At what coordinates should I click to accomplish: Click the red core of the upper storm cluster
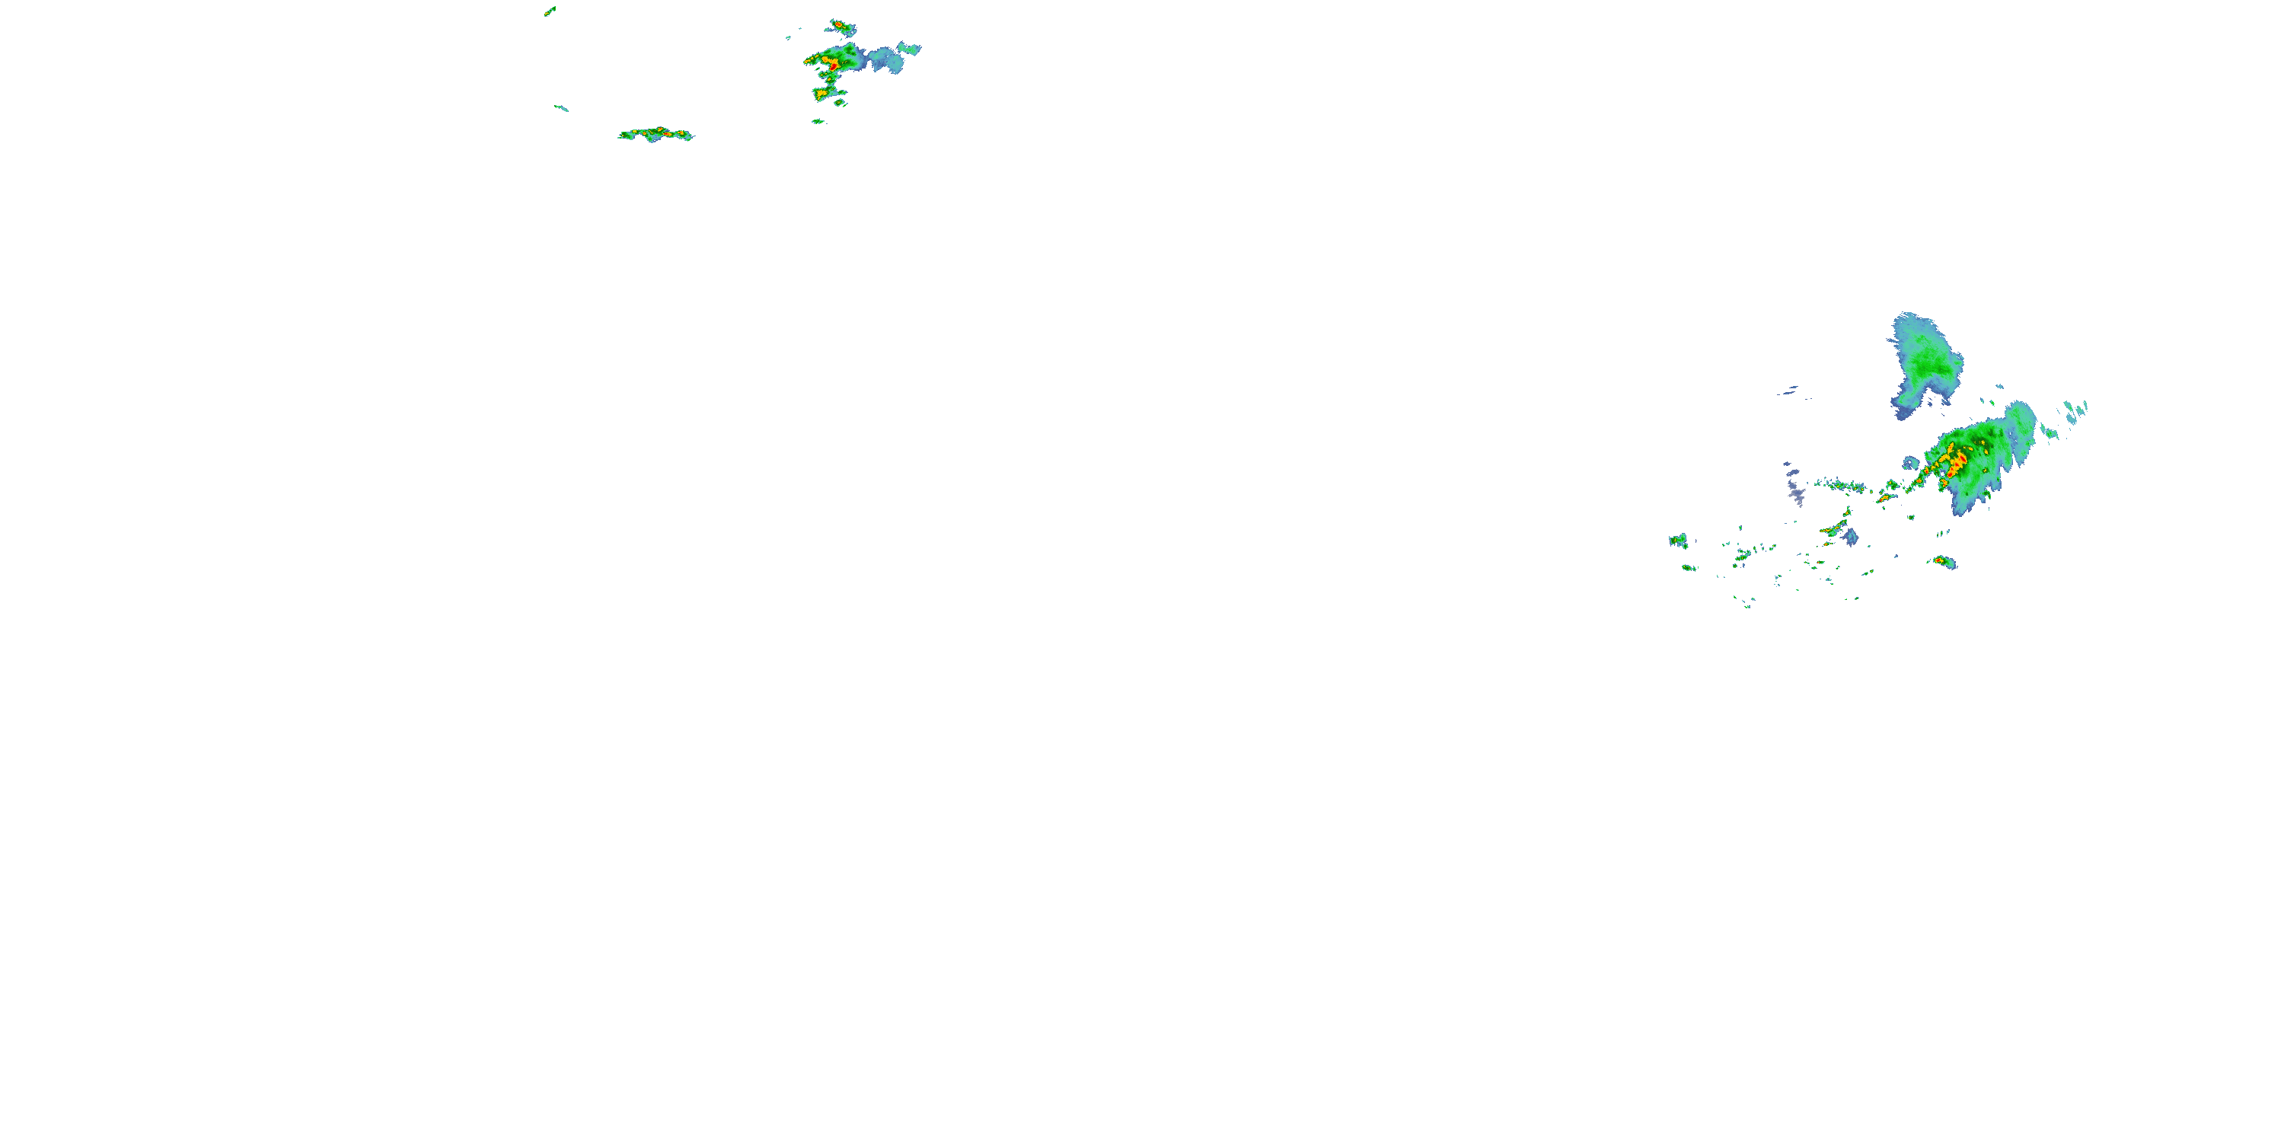831,64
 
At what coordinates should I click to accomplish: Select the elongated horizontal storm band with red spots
656,135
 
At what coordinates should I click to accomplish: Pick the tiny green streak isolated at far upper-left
550,11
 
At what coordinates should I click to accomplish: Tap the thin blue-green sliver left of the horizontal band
561,108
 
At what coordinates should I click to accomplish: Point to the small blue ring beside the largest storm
1911,463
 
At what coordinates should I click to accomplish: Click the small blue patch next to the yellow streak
1851,538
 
